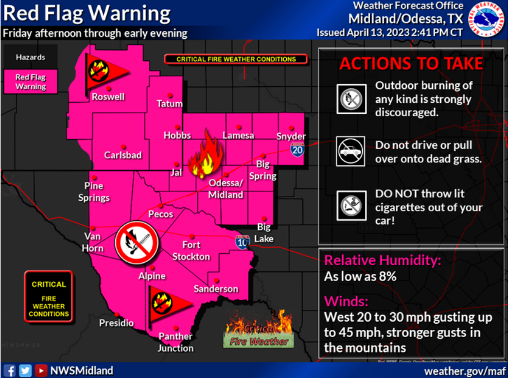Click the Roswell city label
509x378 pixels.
coord(108,97)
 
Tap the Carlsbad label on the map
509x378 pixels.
coord(123,155)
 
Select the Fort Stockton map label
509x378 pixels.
coord(191,251)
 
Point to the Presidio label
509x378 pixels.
coord(116,323)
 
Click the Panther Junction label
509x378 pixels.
coord(176,342)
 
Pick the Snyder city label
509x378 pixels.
coord(291,136)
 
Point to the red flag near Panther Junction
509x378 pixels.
coord(167,305)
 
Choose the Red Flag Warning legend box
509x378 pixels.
coord(31,82)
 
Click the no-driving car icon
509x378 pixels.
coord(351,151)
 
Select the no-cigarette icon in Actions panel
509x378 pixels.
coord(351,206)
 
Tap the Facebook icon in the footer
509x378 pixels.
coord(10,370)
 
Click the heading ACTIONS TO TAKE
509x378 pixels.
coord(411,63)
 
